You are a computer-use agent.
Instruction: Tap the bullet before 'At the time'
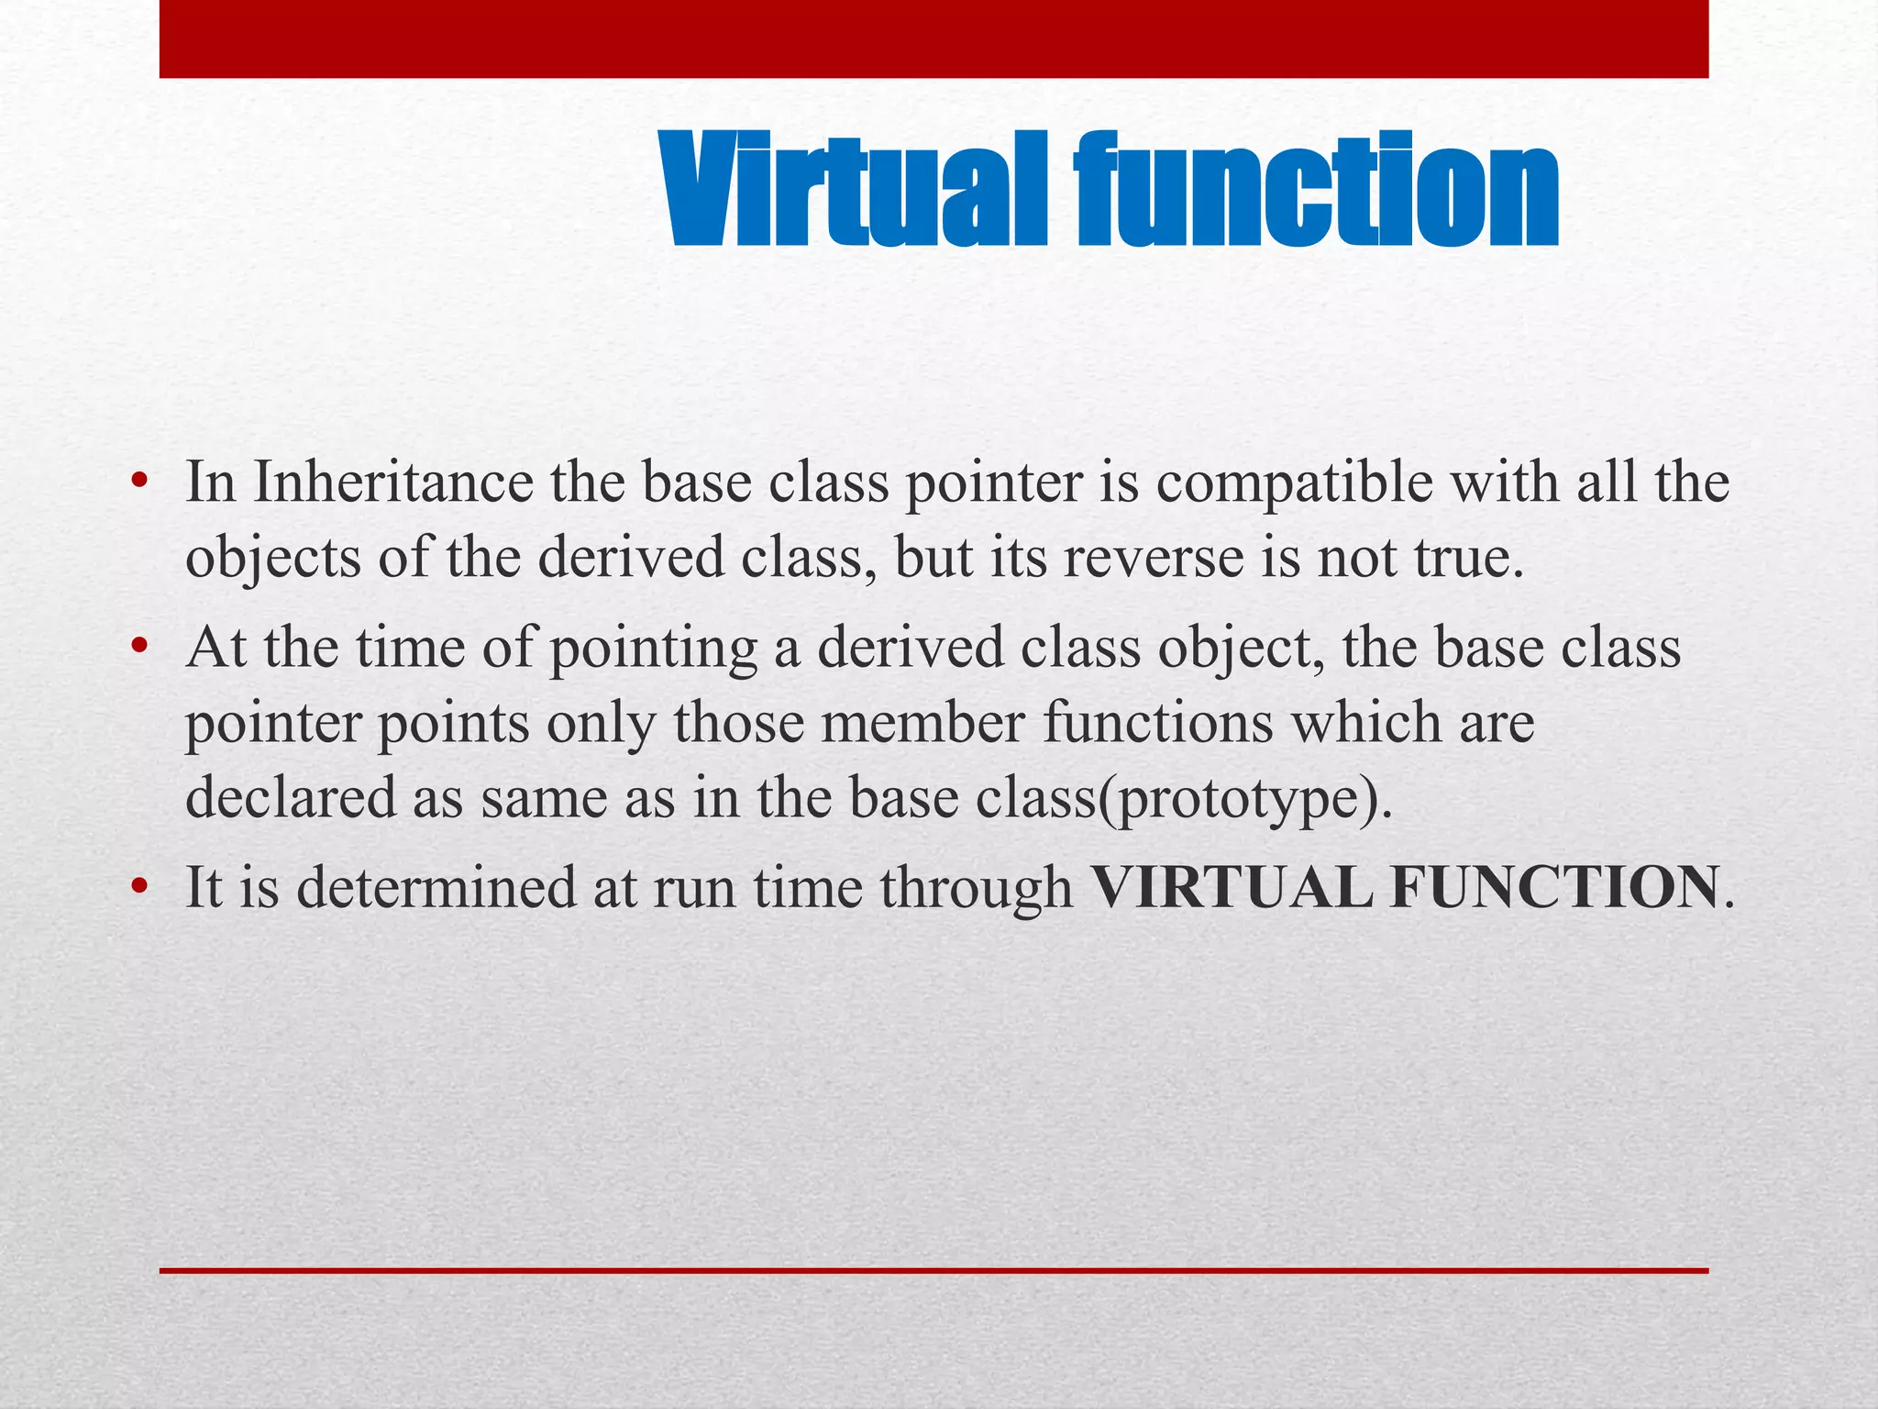click(x=138, y=648)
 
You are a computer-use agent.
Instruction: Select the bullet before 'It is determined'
click(x=138, y=887)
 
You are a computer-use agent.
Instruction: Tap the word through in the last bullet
click(x=976, y=889)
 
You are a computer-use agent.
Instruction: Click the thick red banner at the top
click(x=933, y=39)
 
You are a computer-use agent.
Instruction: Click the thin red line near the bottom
click(x=933, y=1270)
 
